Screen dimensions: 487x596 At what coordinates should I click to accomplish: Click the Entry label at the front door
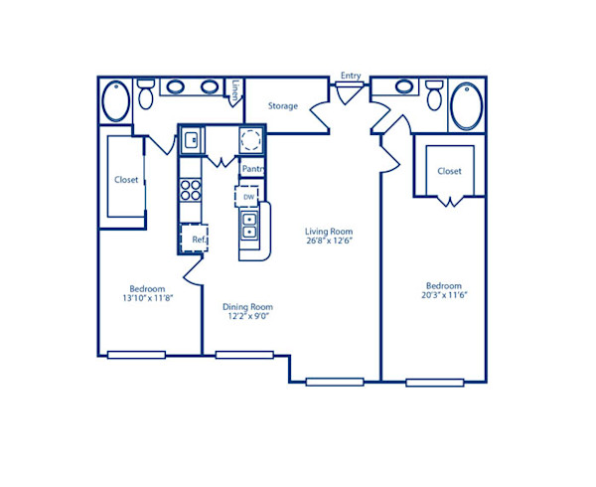tap(351, 76)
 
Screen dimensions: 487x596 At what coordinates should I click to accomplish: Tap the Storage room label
tap(283, 105)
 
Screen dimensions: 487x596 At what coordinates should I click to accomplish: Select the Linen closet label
tap(234, 90)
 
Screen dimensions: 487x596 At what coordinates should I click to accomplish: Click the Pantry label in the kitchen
tap(251, 169)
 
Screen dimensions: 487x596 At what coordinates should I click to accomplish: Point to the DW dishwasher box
tap(248, 197)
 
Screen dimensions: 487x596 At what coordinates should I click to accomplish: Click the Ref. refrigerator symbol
tap(196, 240)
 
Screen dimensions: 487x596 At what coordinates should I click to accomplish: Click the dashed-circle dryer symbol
tap(251, 140)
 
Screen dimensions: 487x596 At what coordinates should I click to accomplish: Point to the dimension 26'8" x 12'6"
tap(328, 240)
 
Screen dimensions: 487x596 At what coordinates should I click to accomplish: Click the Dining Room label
tap(247, 307)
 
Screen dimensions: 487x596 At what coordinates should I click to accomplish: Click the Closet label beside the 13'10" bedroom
tap(126, 180)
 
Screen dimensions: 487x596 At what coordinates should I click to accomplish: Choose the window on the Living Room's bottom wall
tap(334, 381)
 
